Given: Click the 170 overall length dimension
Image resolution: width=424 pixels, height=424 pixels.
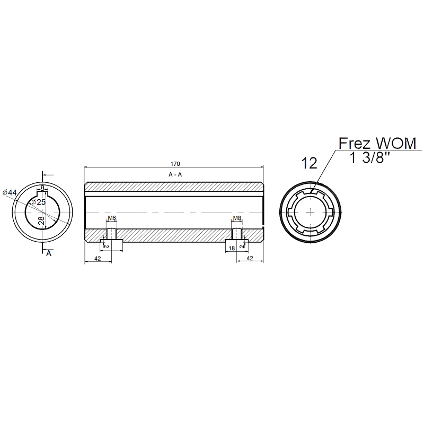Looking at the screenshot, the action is click(x=175, y=164).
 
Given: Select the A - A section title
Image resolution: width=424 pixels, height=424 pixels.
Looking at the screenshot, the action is click(x=175, y=175).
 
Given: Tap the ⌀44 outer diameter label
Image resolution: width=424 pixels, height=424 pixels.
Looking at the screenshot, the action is click(x=10, y=193).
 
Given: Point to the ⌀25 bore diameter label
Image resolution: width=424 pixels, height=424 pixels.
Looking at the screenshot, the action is click(x=39, y=202).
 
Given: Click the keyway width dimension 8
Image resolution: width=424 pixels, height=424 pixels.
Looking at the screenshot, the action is click(x=42, y=188).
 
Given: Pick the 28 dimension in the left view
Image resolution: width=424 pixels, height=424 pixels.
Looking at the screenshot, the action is click(x=41, y=220).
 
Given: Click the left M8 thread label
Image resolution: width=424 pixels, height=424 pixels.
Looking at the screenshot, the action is click(x=112, y=218).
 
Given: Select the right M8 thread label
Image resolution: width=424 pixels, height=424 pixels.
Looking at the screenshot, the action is click(x=237, y=218).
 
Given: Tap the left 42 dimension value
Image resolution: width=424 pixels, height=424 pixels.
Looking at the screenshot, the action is click(x=98, y=259).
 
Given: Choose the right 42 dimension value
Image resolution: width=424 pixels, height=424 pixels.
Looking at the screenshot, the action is click(x=250, y=258).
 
